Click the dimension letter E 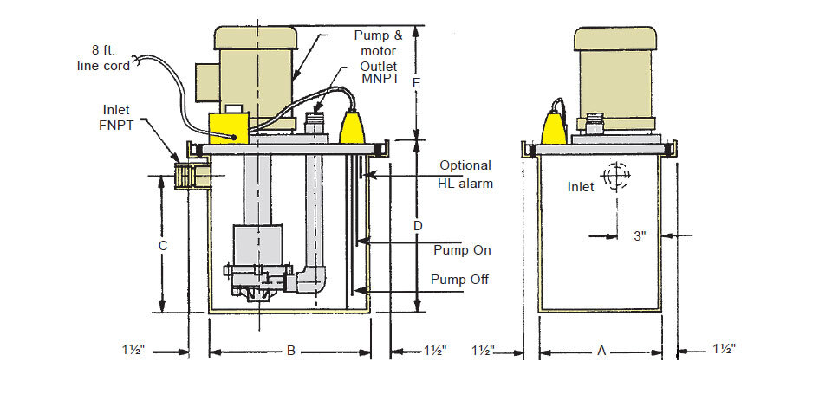pos(417,83)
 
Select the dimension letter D pos(418,226)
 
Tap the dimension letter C pos(163,246)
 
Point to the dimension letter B pos(291,350)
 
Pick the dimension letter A pos(601,350)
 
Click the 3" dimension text pos(640,235)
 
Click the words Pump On pos(462,250)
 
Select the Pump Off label pos(459,279)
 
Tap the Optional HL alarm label pos(465,174)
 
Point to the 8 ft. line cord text pos(103,58)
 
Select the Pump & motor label pos(379,43)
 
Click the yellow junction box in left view pos(229,127)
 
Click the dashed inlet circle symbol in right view pos(616,174)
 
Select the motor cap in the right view pos(615,39)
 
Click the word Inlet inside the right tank pos(581,186)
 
